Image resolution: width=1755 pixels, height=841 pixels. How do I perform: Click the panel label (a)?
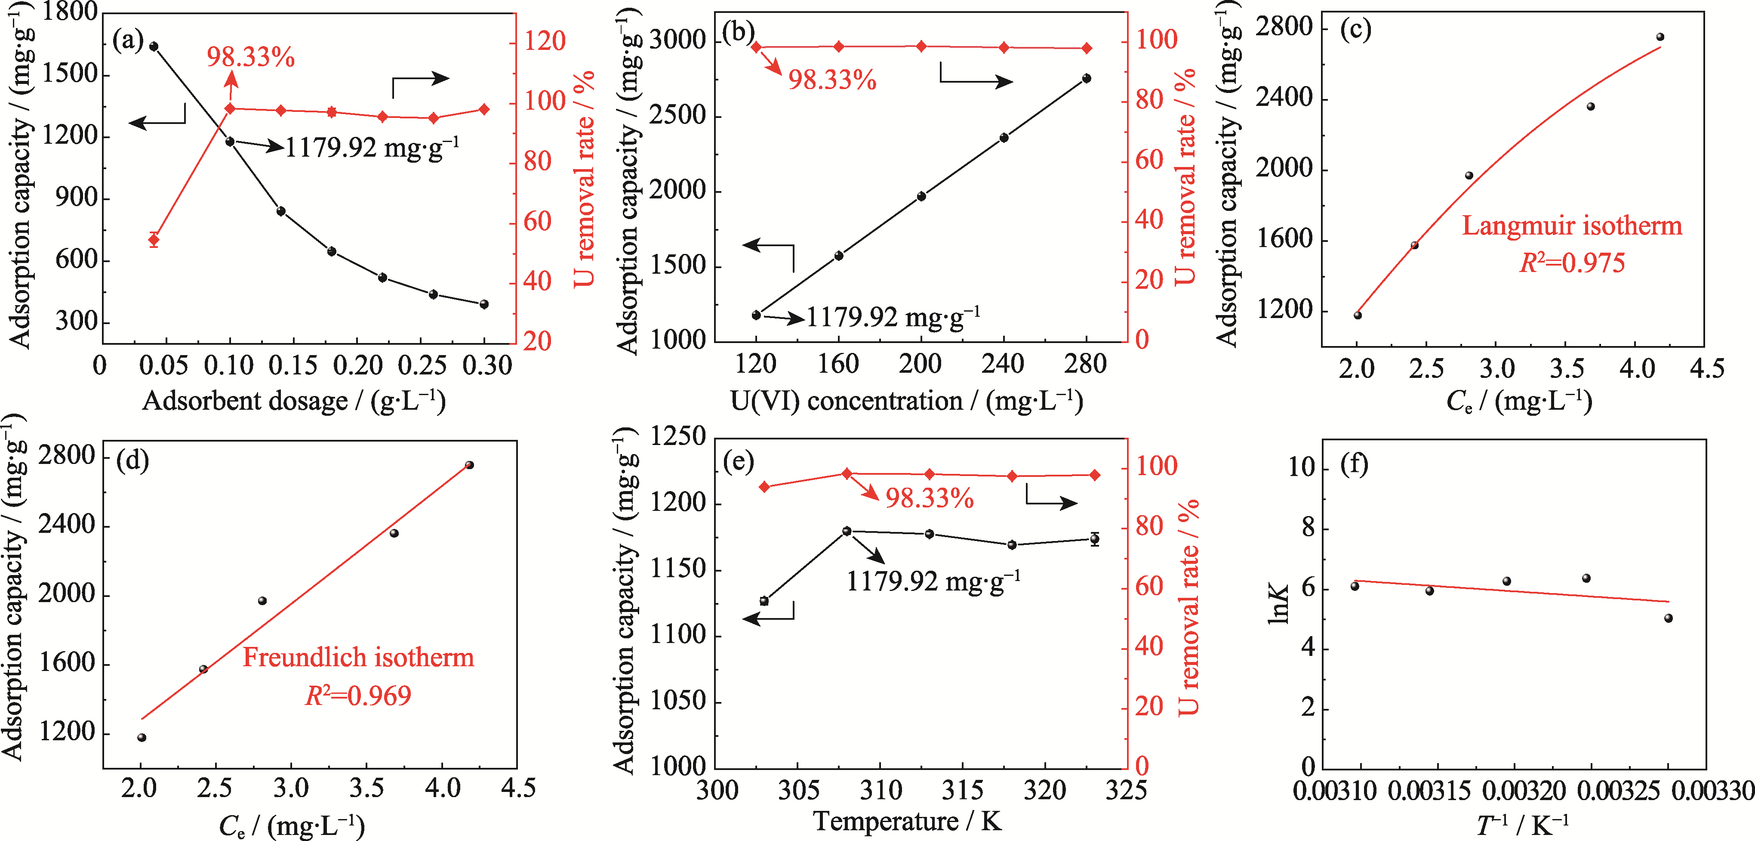click(129, 41)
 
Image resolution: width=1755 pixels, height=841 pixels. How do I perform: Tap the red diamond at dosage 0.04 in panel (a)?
click(154, 239)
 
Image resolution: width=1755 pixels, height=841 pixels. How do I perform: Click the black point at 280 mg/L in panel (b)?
click(1087, 78)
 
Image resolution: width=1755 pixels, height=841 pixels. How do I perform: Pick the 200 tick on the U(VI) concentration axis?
click(921, 365)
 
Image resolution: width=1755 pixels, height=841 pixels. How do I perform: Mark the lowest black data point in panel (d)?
click(142, 737)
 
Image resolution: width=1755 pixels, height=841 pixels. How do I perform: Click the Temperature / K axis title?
click(907, 821)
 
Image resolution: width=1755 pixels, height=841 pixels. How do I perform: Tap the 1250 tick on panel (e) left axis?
click(678, 436)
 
